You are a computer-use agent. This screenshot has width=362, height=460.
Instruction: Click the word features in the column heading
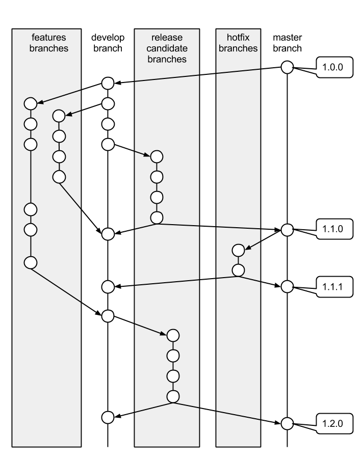pos(49,38)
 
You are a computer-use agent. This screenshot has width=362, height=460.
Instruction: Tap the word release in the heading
pos(167,38)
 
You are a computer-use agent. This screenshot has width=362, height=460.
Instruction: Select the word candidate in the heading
pos(167,48)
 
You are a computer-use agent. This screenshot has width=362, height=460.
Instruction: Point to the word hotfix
pos(238,38)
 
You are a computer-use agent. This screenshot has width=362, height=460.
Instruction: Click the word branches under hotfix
pos(238,48)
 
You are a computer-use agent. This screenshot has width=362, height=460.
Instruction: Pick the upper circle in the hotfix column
pos(238,250)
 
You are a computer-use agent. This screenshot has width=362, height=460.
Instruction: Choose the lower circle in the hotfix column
pos(238,270)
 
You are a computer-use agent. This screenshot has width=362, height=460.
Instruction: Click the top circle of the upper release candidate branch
pos(157,156)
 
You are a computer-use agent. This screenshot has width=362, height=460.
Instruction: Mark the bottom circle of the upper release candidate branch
pos(157,218)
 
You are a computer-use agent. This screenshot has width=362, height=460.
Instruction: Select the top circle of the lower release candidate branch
pos(173,335)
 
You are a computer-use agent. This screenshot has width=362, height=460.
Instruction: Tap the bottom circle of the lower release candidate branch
pos(173,396)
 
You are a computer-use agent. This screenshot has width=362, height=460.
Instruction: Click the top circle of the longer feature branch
pos(31,103)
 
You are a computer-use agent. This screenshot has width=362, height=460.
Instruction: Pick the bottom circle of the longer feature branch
pos(31,262)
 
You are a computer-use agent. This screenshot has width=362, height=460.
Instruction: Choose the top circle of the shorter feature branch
pos(59,116)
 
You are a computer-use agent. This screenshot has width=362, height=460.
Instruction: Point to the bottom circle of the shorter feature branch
pos(59,177)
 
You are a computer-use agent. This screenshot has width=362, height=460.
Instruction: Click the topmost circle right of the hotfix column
pos(288,67)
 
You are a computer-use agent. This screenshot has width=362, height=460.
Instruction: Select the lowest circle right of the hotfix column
pos(288,453)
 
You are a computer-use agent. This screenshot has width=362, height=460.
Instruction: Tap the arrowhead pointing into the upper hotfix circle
pos(247,249)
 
